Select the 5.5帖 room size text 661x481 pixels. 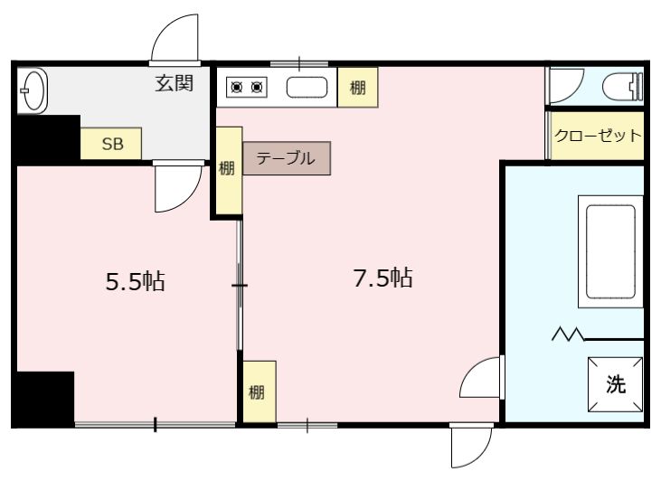136,281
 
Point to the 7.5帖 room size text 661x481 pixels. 382,278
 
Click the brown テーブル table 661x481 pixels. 286,158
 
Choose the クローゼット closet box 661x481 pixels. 597,137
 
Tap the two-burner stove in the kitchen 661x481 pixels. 248,88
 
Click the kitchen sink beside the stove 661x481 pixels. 306,88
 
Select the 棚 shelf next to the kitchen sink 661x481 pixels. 358,88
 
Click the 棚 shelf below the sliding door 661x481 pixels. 259,391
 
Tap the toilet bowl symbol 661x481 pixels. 625,87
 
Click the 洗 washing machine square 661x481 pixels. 616,383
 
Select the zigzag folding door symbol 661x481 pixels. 568,337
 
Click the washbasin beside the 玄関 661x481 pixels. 33,90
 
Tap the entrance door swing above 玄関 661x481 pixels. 175,42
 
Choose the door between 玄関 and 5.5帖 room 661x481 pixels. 175,186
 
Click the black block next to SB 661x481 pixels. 45,137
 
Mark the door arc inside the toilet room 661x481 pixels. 561,88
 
